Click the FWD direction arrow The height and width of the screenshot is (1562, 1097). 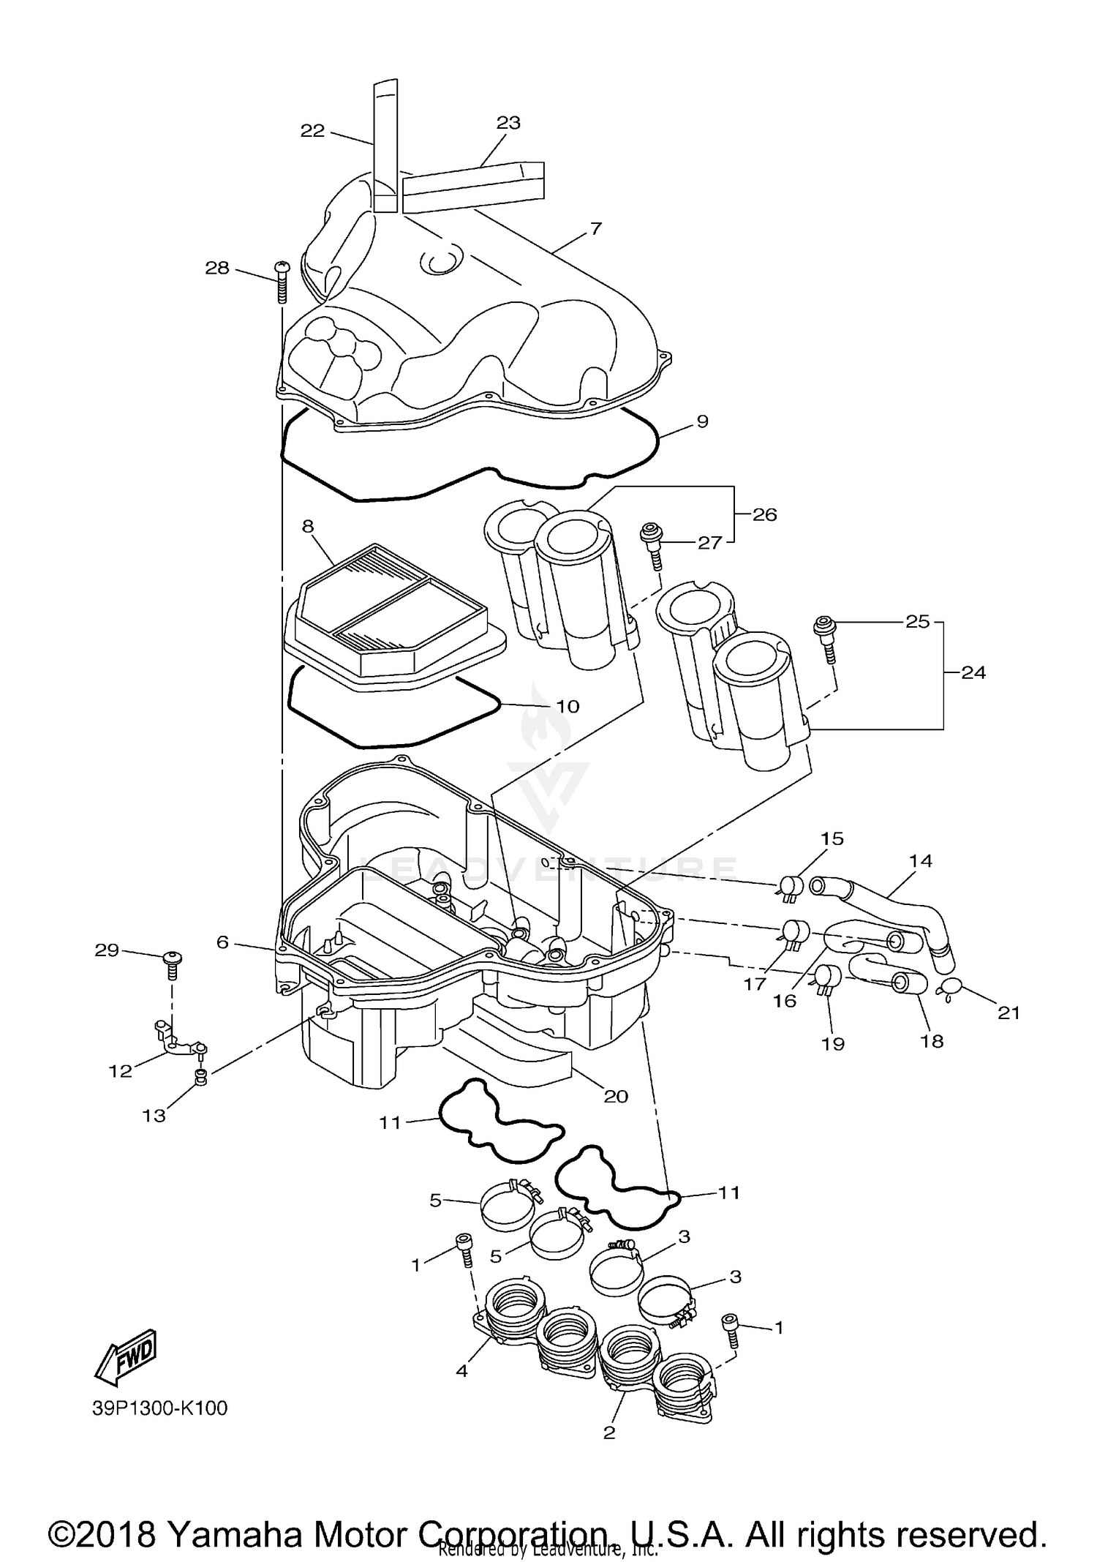click(127, 1356)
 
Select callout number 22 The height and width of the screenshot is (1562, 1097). click(312, 131)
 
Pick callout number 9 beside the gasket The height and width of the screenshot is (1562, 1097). click(702, 421)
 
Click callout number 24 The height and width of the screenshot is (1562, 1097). click(973, 672)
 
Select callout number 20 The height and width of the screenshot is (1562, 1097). click(616, 1096)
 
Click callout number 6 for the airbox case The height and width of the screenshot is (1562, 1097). click(222, 942)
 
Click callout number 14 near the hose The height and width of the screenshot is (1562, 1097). click(921, 860)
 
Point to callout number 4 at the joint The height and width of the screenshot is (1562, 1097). click(461, 1370)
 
